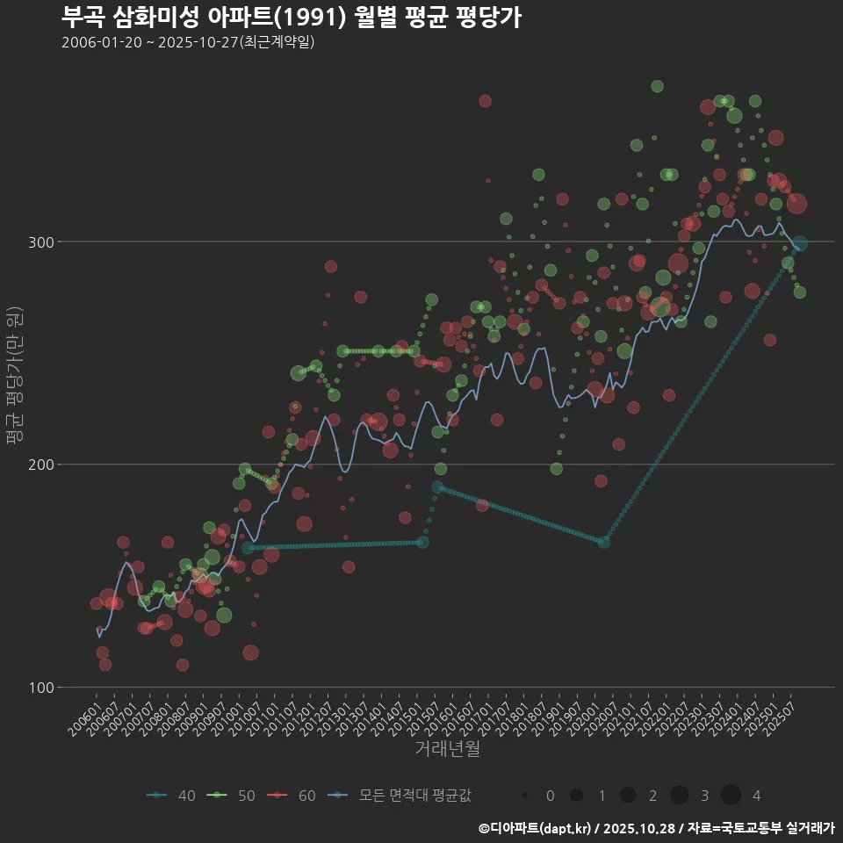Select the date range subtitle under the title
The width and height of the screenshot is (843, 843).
[188, 43]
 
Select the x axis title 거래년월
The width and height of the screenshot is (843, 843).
[448, 749]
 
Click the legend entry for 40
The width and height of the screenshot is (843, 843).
[172, 796]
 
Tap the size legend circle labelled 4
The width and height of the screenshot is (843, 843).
[731, 796]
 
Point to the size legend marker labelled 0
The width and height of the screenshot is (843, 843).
[525, 796]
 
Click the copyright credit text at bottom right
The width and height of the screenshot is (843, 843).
[657, 828]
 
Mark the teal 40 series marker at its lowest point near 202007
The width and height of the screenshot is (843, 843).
[603, 542]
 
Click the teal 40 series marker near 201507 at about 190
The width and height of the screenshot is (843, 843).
[438, 487]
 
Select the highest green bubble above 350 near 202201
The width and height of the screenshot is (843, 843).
[657, 86]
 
